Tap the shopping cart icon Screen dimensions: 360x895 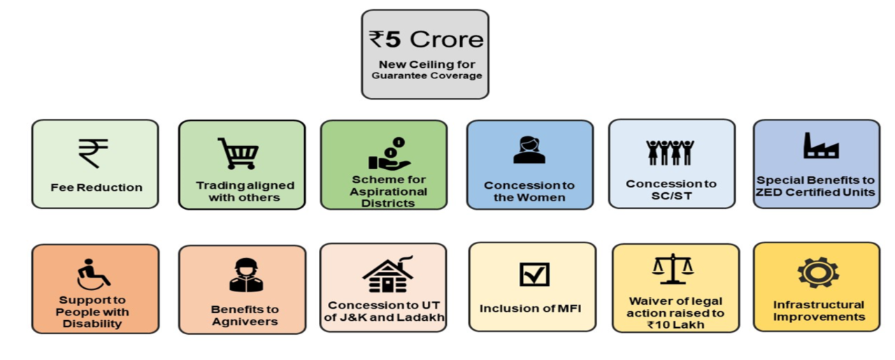click(238, 153)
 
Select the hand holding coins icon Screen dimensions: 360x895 click(387, 154)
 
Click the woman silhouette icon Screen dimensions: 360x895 click(529, 150)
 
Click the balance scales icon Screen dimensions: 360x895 click(673, 269)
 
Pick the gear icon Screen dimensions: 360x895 click(818, 273)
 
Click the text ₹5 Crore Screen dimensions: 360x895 click(426, 38)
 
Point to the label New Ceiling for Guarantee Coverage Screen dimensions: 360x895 click(427, 70)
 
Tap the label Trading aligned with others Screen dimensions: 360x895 click(245, 192)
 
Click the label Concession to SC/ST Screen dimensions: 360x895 click(671, 189)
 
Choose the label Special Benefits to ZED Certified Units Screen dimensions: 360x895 click(816, 186)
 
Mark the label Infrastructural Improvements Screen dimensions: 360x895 click(819, 310)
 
